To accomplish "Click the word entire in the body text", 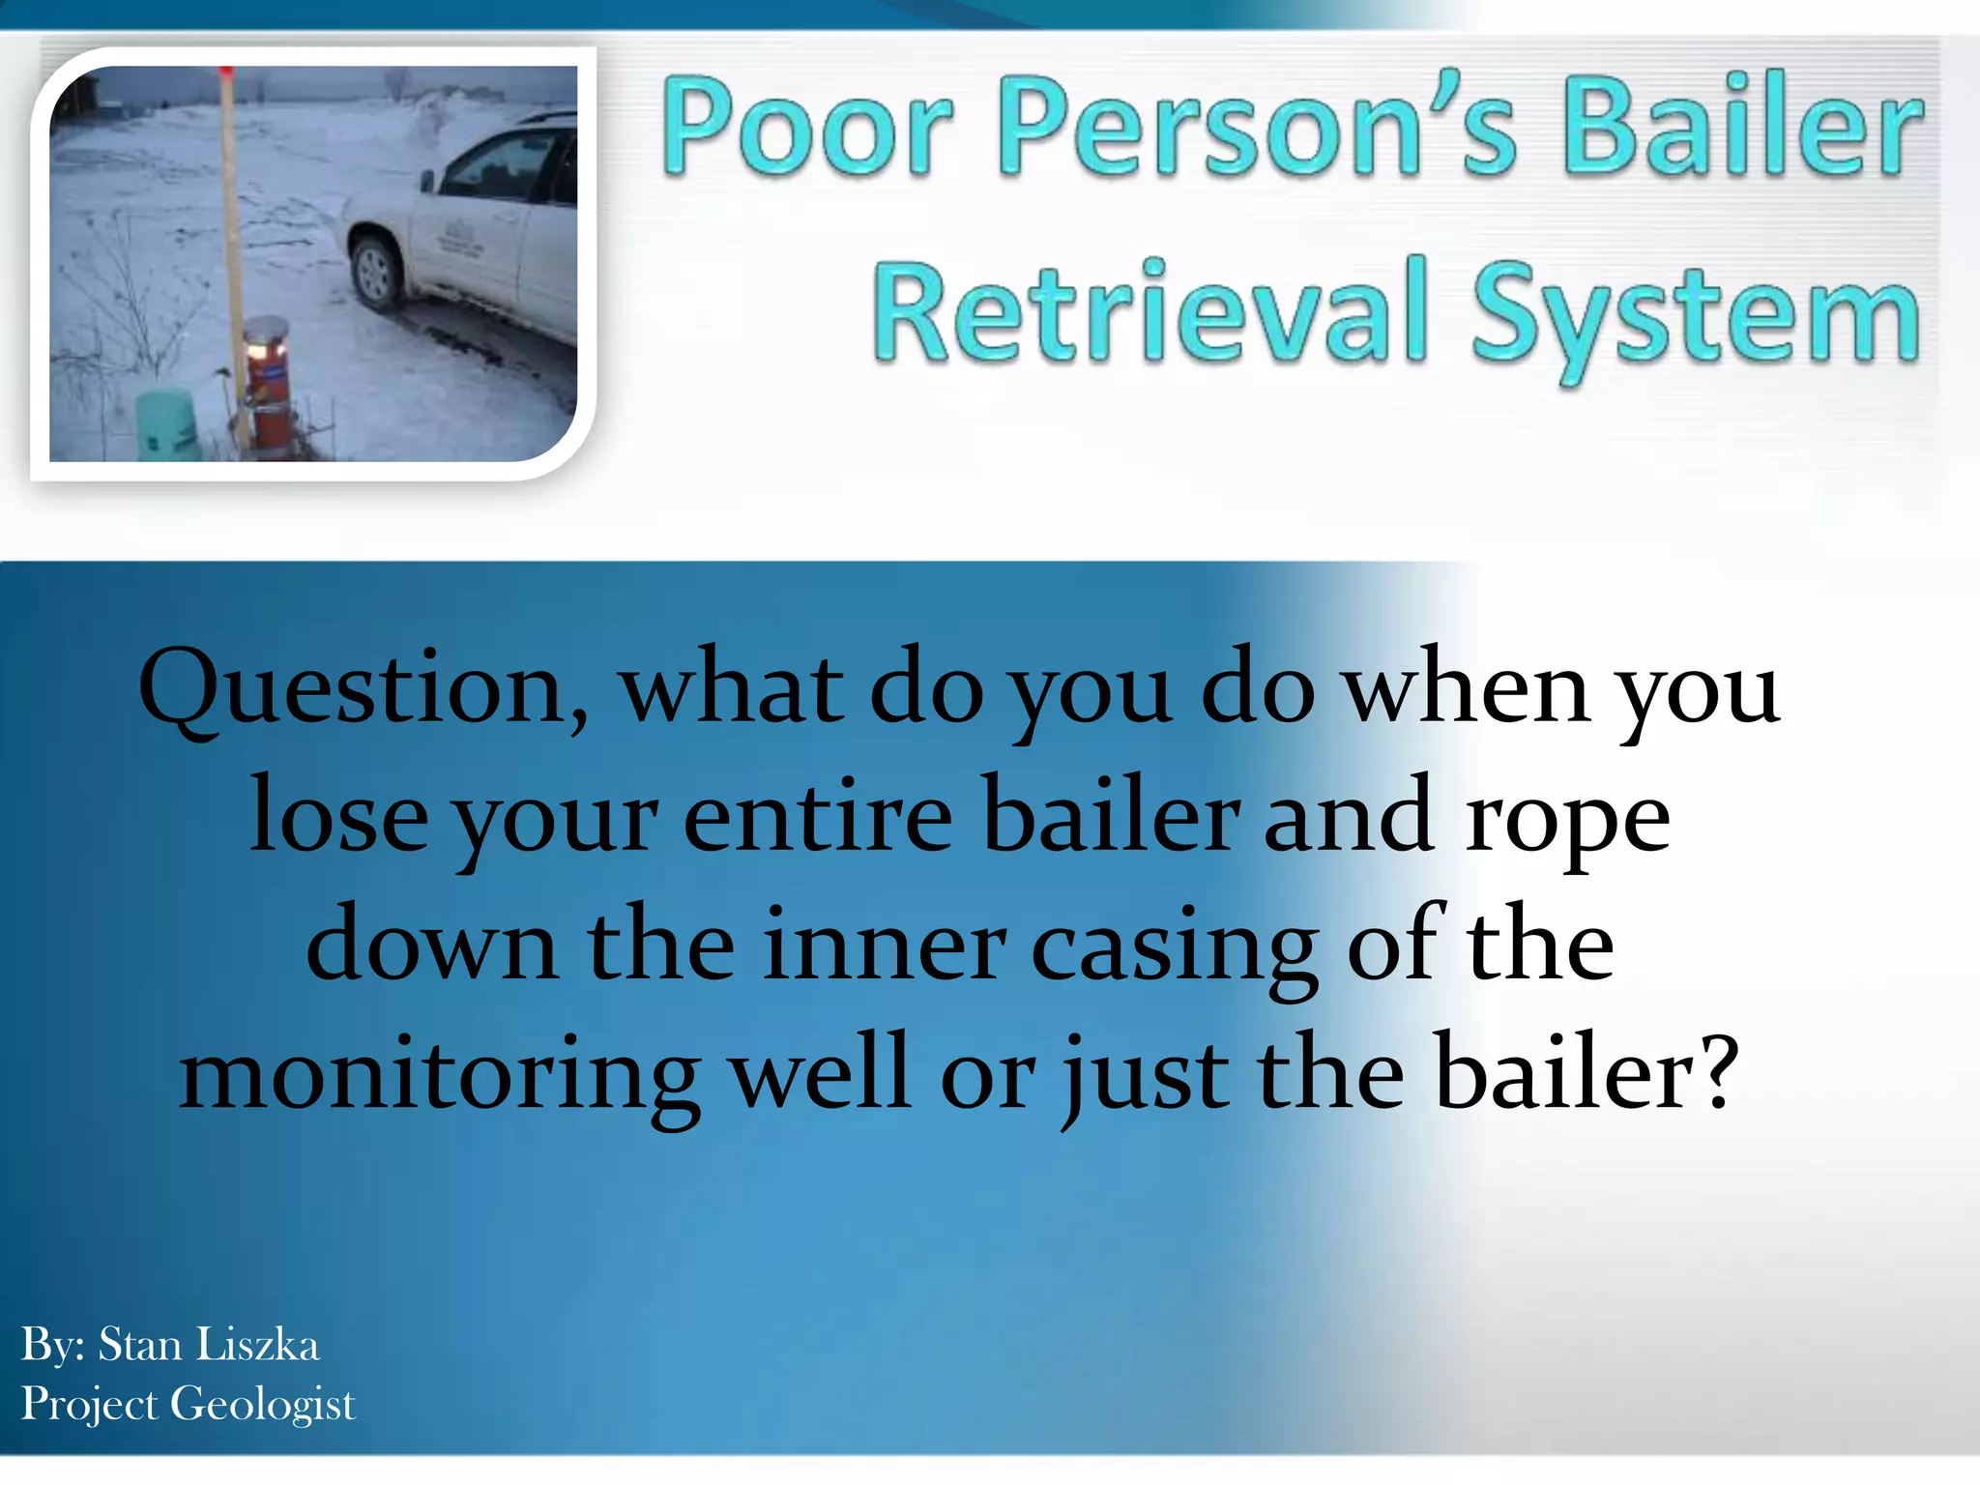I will click(818, 818).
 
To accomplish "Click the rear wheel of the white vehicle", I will click(374, 274).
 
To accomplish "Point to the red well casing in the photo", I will click(268, 392).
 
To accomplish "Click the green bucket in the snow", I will click(166, 425).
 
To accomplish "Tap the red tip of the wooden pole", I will click(224, 73).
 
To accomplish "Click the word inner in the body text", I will click(884, 947).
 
